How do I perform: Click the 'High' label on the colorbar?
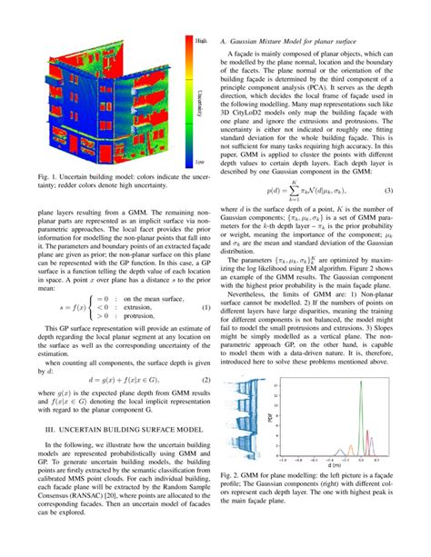pyautogui.click(x=201, y=41)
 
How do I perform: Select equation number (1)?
pyautogui.click(x=205, y=309)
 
